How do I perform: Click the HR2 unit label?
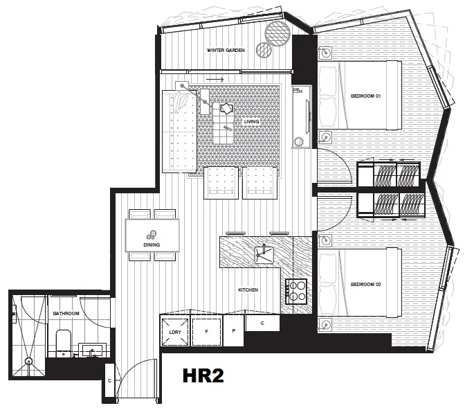pyautogui.click(x=203, y=377)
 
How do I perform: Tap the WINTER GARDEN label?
pyautogui.click(x=226, y=51)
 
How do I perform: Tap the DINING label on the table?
pyautogui.click(x=152, y=245)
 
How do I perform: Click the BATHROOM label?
pyautogui.click(x=66, y=314)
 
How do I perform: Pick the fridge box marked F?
pyautogui.click(x=207, y=331)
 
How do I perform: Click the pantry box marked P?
pyautogui.click(x=234, y=331)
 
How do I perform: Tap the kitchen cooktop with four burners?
pyautogui.click(x=297, y=290)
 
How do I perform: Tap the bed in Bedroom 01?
pyautogui.click(x=360, y=95)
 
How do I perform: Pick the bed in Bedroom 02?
pyautogui.click(x=360, y=284)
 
